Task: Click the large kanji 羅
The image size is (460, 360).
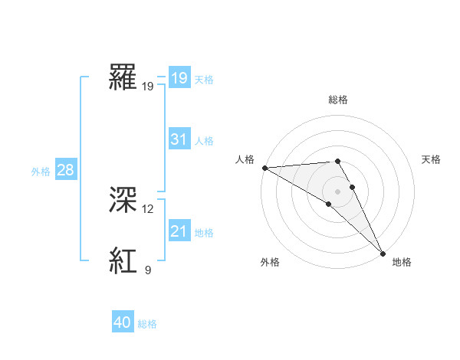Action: [123, 77]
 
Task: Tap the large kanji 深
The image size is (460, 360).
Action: [123, 201]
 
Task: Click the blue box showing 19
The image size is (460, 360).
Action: [179, 78]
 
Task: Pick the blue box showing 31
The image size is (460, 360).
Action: [179, 139]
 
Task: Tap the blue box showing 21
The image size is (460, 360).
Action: [179, 231]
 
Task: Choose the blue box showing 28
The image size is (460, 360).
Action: [65, 170]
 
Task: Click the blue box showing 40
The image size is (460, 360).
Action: [123, 323]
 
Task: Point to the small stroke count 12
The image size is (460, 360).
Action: [148, 208]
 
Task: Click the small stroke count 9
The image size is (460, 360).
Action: [148, 270]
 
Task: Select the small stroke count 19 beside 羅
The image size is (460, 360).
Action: [148, 86]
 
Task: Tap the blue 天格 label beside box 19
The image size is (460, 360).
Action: [204, 79]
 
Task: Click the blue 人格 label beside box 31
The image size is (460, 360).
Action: [204, 140]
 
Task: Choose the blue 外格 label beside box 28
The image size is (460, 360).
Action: [41, 171]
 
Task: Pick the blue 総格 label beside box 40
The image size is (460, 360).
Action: [147, 324]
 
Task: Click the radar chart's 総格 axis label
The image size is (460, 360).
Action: [338, 100]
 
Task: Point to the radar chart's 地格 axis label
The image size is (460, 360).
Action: [402, 263]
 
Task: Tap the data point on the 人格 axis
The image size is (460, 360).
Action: [264, 168]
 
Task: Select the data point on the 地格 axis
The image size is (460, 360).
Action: [383, 254]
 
